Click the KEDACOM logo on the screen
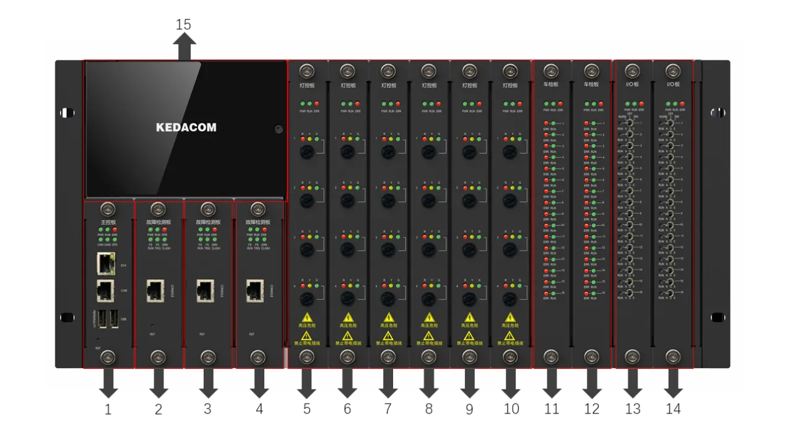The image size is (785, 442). tap(186, 128)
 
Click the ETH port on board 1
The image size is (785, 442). tap(106, 264)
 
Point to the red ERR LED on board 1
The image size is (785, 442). tap(115, 230)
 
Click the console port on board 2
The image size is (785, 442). tap(155, 290)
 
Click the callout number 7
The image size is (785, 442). tap(388, 409)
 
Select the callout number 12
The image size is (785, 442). tap(592, 409)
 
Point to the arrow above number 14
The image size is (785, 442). tap(672, 384)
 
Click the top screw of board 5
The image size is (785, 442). tap(307, 71)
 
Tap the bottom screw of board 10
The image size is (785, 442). tap(510, 357)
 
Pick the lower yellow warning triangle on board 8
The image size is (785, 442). tap(428, 336)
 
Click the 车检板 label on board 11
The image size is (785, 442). tap(551, 85)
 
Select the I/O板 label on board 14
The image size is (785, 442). tap(672, 85)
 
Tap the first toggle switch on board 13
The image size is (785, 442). tap(630, 123)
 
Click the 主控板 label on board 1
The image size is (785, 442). tap(108, 222)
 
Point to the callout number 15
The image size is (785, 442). tap(183, 25)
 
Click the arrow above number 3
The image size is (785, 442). tap(208, 384)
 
